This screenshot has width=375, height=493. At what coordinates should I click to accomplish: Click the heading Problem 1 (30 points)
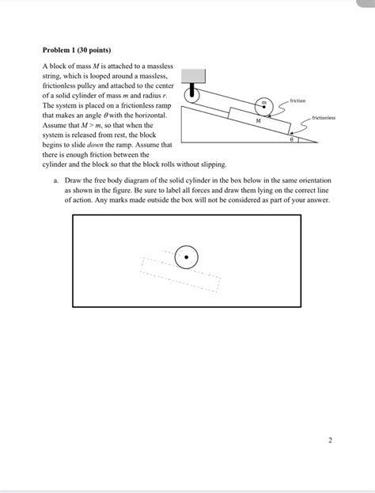(76, 50)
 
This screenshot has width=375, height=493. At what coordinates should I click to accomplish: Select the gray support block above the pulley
(195, 76)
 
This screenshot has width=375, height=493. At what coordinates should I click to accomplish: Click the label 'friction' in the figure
(298, 101)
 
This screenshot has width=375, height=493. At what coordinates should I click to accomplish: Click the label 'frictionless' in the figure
(324, 117)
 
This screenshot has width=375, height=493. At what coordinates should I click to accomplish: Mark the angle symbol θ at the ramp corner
(292, 139)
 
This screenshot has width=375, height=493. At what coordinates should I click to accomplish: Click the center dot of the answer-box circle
(186, 256)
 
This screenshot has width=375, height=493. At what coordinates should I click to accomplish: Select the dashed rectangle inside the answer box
(180, 274)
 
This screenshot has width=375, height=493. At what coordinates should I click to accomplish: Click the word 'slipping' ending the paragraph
(211, 165)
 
